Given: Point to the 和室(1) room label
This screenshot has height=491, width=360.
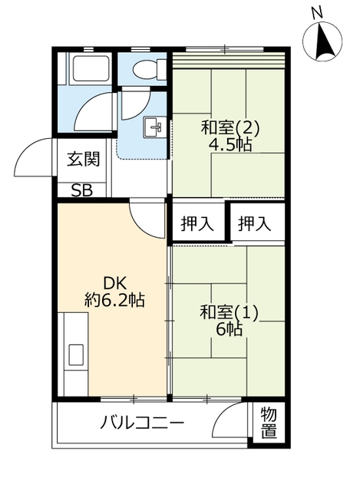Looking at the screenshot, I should (229, 312).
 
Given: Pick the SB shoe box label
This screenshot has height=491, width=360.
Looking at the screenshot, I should (82, 191).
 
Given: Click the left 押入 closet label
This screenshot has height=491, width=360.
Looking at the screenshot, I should (197, 224).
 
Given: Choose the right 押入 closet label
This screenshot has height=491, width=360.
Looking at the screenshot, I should (254, 224).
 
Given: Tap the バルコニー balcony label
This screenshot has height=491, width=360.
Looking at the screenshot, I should (142, 423).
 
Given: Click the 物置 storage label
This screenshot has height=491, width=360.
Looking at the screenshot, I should (268, 423).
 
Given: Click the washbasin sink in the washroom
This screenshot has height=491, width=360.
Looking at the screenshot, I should (154, 126).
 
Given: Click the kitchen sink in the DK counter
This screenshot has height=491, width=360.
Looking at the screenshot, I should (77, 354).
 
